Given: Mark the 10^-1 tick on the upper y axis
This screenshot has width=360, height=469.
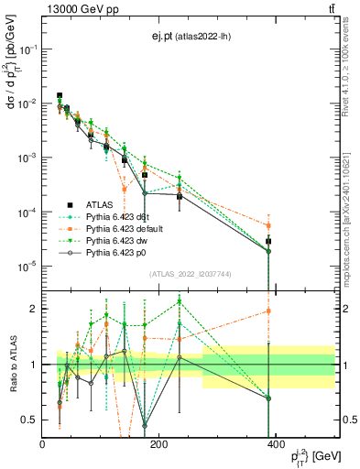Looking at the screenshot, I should click(x=27, y=49).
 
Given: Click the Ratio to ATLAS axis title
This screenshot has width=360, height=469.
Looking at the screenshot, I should click(x=11, y=364).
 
